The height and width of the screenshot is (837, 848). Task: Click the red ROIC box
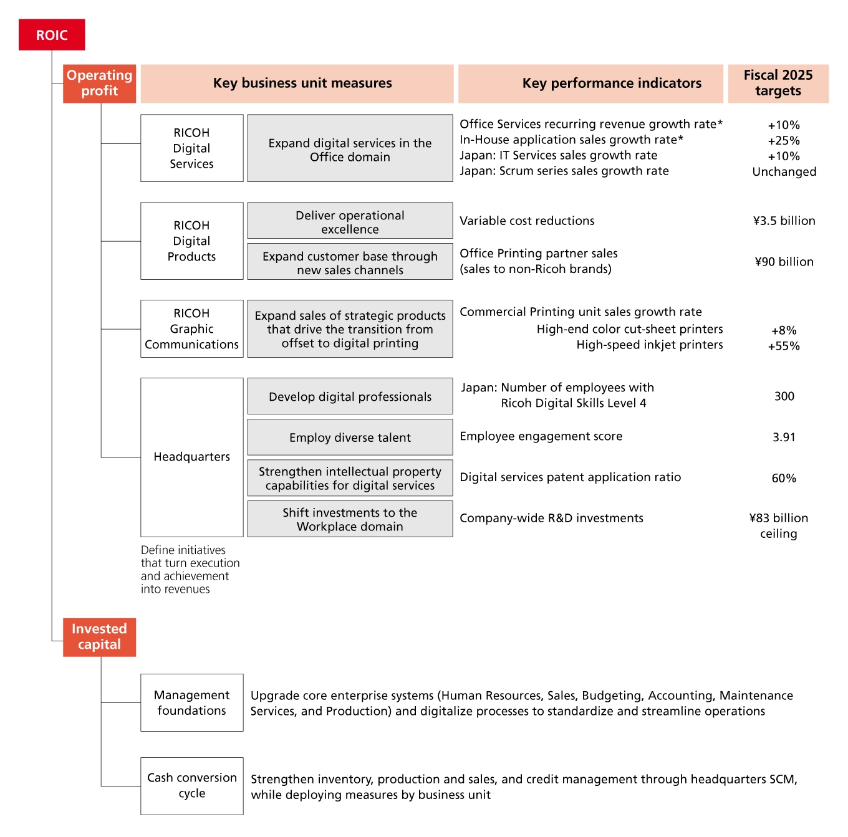52,35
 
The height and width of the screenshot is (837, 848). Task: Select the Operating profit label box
100,84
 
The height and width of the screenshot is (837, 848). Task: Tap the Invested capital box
100,637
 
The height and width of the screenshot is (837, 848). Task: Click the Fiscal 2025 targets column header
778,84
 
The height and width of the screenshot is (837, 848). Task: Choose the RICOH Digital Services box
192,148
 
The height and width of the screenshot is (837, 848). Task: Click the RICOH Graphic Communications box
192,329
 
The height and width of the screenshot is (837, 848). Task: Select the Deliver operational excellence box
350,221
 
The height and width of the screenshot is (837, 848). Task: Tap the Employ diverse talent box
350,438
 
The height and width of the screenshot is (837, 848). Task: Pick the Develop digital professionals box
350,396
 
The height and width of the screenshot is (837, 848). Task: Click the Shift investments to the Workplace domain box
350,519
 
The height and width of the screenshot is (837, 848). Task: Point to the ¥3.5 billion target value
784,221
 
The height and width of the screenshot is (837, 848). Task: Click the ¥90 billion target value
784,262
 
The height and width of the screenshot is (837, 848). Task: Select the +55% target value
784,347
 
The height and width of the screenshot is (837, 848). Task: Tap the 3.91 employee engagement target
784,438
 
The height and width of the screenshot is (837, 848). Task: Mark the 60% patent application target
784,479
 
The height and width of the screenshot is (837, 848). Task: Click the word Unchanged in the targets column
784,172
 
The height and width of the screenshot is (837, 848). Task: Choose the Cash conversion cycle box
192,786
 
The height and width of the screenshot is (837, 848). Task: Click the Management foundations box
192,702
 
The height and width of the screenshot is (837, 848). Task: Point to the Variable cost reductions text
527,221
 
